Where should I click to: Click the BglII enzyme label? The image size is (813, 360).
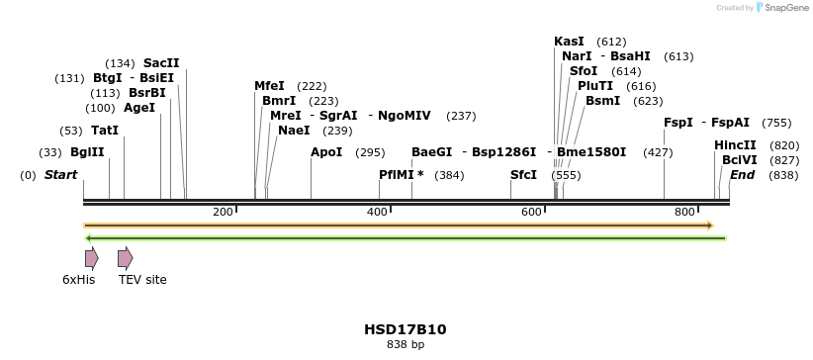[x=87, y=152]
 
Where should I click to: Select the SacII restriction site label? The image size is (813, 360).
[x=161, y=63]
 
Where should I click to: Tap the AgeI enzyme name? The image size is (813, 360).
[x=139, y=108]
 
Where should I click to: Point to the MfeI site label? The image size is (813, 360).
[x=269, y=86]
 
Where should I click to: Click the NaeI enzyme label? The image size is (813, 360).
[x=294, y=131]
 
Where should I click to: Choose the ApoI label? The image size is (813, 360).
[x=326, y=152]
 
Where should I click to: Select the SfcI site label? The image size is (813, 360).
[x=523, y=175]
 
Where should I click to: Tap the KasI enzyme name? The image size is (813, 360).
[x=569, y=42]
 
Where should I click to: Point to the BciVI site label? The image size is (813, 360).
[x=740, y=160]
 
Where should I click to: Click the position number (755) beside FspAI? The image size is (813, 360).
[x=776, y=123]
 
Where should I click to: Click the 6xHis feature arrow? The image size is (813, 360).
[x=91, y=259]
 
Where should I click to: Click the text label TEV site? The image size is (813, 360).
[x=142, y=280]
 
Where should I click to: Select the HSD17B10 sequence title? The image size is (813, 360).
[x=406, y=329]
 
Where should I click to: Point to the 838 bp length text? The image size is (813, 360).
[x=406, y=345]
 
